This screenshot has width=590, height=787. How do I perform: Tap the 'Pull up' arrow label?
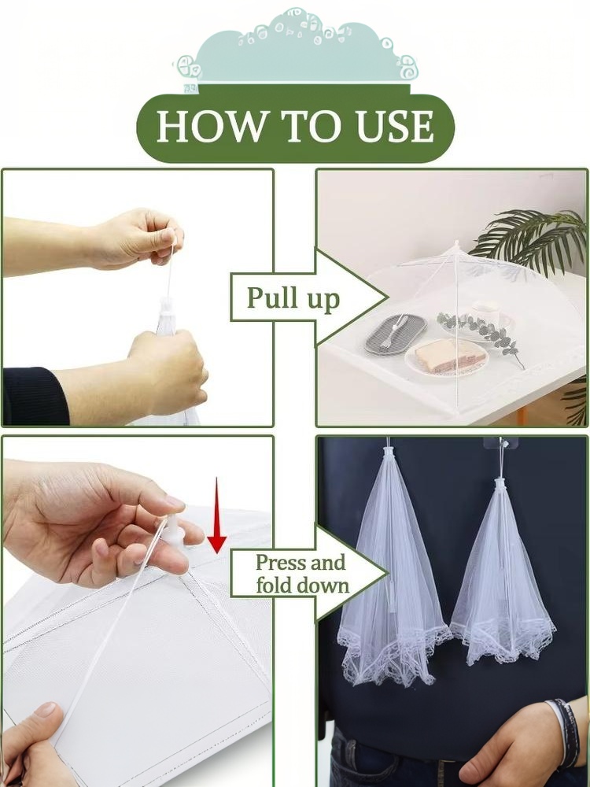pyautogui.click(x=293, y=297)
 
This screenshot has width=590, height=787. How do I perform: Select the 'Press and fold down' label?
pyautogui.click(x=301, y=574)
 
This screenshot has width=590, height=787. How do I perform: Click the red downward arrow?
pyautogui.click(x=217, y=516)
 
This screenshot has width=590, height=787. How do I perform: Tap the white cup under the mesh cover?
pyautogui.click(x=488, y=315)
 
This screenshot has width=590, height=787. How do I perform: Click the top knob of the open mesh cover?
pyautogui.click(x=456, y=246)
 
